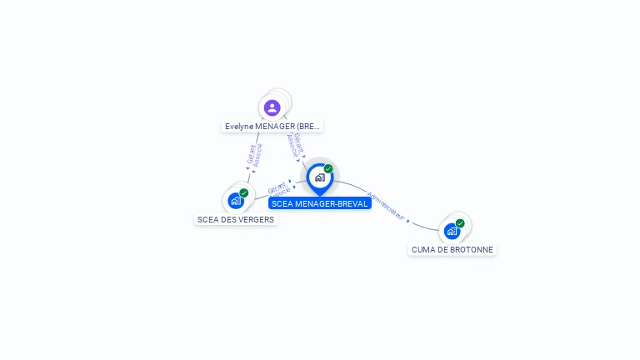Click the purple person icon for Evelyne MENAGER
(272, 107)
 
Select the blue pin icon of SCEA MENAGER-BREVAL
(319, 178)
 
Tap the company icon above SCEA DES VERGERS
(235, 200)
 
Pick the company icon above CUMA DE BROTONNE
(452, 231)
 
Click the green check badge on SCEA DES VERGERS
(244, 192)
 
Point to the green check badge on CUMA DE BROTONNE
(460, 223)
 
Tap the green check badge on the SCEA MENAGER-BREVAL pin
(328, 168)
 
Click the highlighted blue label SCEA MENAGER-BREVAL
(319, 203)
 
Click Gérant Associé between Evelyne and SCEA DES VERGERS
(254, 154)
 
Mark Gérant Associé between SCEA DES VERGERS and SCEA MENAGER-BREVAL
(279, 187)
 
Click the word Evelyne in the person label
(238, 127)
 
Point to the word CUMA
(423, 250)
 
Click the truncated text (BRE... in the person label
(310, 127)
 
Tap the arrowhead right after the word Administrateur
(408, 221)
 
